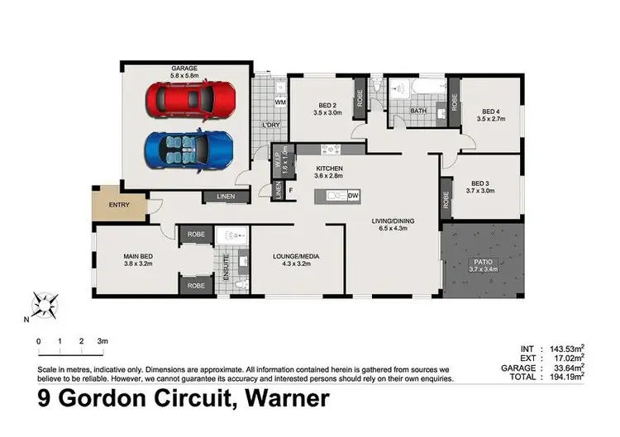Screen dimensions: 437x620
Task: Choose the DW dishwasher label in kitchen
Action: [352, 196]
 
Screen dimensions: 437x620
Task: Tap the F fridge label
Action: [290, 190]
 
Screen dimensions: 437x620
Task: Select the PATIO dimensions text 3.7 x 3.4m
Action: [484, 269]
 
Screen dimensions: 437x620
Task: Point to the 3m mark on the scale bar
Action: [103, 340]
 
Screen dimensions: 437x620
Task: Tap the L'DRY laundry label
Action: [270, 126]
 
